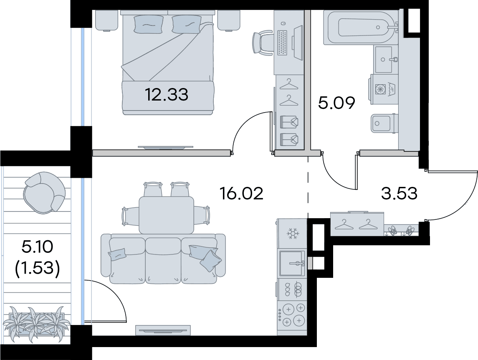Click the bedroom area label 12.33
click(167, 94)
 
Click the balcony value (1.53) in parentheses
click(37, 268)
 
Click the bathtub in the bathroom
click(361, 28)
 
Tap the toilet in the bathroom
click(384, 123)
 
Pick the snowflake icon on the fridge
click(293, 234)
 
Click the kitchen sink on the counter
click(292, 263)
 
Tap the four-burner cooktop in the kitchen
click(293, 315)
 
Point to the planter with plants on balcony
click(37, 323)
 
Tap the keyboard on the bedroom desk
click(283, 43)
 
